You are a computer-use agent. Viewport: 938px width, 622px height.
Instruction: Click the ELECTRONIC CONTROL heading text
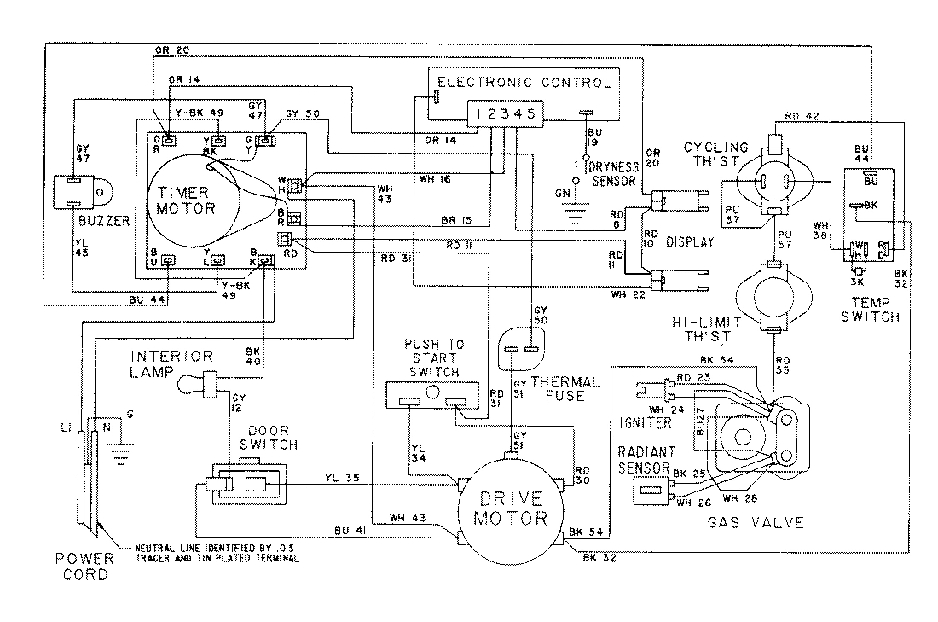(x=524, y=83)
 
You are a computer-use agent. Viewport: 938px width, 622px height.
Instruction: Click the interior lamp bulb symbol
(x=195, y=385)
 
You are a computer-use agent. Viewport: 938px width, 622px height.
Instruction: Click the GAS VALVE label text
(x=756, y=522)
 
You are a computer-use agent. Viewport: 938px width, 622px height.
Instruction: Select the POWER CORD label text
(x=85, y=567)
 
